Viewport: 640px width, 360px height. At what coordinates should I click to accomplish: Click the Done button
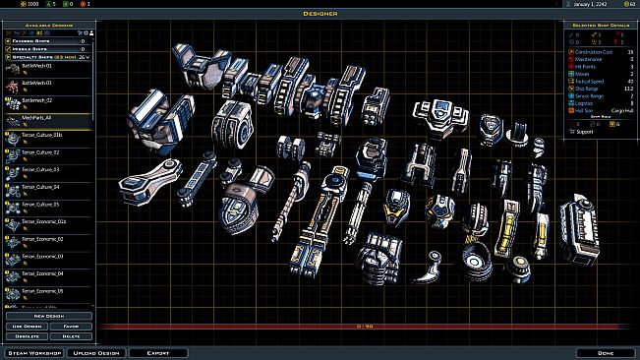coord(605,352)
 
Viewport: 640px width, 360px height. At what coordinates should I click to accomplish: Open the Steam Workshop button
coord(33,352)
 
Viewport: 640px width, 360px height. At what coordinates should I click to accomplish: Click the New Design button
coord(49,316)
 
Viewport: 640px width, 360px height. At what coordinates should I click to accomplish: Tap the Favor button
coord(73,326)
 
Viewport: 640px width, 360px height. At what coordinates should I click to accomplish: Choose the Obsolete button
coord(25,334)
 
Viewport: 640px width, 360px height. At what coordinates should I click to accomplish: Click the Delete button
coord(73,334)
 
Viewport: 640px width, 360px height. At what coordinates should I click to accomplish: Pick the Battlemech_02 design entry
coord(36,99)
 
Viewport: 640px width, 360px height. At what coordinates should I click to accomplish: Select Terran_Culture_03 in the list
coord(41,169)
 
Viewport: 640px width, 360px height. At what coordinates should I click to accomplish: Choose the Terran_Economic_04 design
coord(42,273)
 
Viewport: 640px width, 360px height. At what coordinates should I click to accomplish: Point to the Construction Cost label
coord(595,51)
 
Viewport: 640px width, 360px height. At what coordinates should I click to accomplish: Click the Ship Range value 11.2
coord(628,87)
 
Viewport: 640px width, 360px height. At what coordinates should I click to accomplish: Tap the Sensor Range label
coord(590,94)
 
